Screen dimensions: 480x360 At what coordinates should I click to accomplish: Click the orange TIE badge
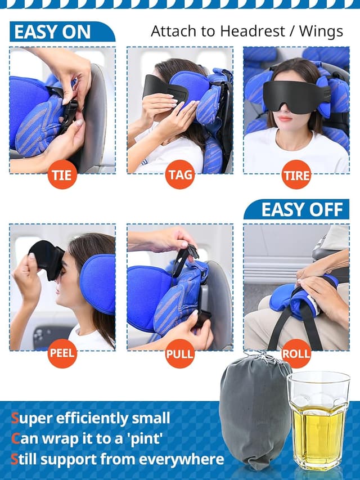click(62, 174)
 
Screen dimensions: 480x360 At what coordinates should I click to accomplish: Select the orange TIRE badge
click(296, 174)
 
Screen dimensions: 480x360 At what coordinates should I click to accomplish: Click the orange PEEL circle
click(62, 354)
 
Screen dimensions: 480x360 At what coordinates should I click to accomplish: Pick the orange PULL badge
click(179, 354)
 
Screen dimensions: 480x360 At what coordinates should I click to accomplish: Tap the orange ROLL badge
click(296, 354)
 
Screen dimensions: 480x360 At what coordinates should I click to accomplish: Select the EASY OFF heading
click(301, 210)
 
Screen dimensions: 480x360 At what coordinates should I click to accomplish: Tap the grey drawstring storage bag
click(255, 411)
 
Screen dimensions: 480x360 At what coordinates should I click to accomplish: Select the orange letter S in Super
click(15, 418)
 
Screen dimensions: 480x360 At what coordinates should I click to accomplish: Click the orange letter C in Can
click(15, 439)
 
